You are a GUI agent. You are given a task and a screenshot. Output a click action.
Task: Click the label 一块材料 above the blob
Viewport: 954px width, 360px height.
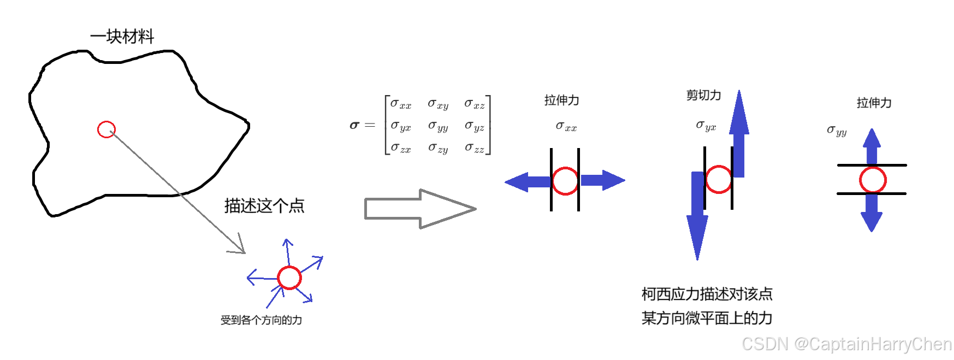pos(122,37)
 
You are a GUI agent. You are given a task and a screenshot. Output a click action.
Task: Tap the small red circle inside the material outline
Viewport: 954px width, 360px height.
pos(106,129)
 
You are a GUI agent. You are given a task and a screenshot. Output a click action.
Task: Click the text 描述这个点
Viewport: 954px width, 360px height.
pos(264,206)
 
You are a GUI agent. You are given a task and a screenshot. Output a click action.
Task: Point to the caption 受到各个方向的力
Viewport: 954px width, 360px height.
pos(261,320)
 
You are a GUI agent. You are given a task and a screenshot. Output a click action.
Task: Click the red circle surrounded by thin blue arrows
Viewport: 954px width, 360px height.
pos(289,278)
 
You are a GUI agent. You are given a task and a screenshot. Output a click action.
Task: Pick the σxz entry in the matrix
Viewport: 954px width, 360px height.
pos(474,104)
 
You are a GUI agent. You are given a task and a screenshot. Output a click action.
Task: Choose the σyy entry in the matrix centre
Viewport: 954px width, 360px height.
pos(438,127)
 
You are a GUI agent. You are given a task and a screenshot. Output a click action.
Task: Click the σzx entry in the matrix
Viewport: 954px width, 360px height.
pos(401,148)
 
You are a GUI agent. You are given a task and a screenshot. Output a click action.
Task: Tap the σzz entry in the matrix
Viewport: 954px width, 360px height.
pos(474,148)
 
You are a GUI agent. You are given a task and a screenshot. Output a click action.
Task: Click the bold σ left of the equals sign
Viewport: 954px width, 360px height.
pos(354,126)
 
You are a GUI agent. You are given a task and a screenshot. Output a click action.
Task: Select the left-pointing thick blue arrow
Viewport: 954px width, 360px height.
pos(528,181)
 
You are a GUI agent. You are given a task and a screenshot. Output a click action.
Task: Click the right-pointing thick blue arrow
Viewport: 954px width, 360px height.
pos(602,180)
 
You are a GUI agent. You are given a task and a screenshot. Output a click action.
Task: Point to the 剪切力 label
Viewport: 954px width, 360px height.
pos(703,96)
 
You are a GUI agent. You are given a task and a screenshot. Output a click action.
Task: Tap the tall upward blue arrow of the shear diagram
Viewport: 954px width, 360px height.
pos(739,134)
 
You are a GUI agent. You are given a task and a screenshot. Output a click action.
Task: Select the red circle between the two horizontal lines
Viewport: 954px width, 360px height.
pos(873,180)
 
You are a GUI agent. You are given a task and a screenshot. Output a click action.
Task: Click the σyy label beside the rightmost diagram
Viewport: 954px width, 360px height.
pos(837,131)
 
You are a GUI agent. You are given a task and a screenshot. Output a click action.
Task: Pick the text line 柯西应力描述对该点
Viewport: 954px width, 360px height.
pos(707,294)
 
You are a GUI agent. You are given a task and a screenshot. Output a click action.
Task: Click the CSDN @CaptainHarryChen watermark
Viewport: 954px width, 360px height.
pos(846,344)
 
